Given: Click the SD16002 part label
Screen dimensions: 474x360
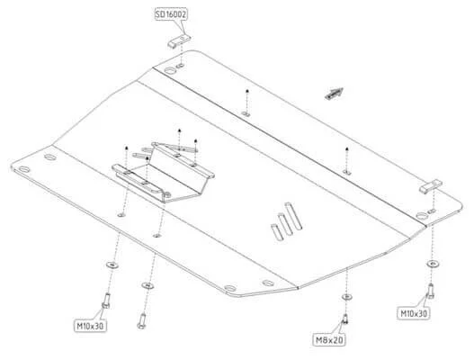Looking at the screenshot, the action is [171, 14].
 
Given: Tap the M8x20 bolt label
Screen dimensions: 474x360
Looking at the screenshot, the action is [329, 340].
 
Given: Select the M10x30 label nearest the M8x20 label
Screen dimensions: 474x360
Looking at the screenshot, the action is [414, 313].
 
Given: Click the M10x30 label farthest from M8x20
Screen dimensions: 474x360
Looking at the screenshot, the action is [90, 326].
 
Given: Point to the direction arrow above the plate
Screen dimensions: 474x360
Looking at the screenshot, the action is [334, 94].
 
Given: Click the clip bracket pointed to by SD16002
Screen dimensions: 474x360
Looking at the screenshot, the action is [179, 41].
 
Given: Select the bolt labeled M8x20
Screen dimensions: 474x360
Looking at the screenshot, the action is [345, 319].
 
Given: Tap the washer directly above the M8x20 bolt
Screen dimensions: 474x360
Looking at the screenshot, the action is [346, 296].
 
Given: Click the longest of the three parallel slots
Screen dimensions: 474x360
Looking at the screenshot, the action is [293, 216].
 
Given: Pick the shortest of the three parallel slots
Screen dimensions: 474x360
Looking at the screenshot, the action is [278, 232].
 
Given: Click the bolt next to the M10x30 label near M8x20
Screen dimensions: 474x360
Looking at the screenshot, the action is [431, 291].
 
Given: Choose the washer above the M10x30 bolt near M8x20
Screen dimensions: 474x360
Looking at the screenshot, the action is [433, 264].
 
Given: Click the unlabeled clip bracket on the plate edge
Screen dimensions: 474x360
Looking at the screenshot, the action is [431, 186].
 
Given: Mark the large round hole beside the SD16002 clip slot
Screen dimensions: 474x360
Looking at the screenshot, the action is [170, 71].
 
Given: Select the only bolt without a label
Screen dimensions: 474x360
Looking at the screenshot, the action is [142, 320].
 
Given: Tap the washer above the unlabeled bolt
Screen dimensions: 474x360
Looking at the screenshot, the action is [148, 285].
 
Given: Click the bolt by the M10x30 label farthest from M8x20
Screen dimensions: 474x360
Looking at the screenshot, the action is [106, 301].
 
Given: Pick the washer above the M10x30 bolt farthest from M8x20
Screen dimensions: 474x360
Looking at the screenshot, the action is [112, 265].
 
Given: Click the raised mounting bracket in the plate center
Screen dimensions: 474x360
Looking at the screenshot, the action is [163, 171].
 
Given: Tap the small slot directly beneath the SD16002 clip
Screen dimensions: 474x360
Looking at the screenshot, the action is [181, 66].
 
